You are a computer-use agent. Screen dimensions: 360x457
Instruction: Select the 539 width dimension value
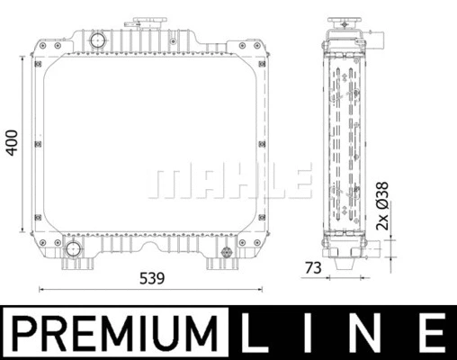click(153, 278)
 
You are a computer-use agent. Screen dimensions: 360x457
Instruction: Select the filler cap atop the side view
click(343, 20)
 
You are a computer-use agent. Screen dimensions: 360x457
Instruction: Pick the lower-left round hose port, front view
click(72, 248)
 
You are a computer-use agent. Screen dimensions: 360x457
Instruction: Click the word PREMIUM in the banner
click(115, 332)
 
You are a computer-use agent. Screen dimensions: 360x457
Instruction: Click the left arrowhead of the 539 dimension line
click(42, 289)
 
